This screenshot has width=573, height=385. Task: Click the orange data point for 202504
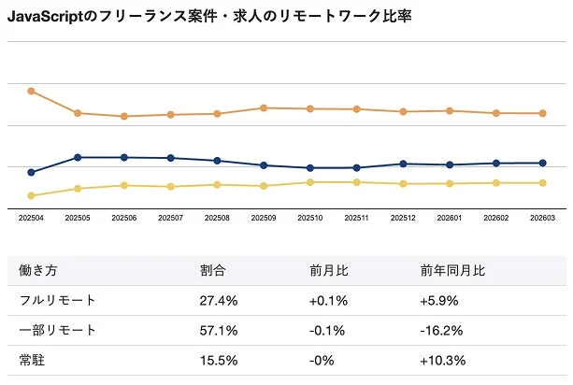coord(31,91)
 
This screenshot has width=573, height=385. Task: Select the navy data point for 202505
coord(78,157)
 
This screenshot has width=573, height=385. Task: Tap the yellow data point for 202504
coord(31,195)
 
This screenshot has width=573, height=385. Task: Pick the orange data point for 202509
coord(264,107)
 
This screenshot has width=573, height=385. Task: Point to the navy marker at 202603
coord(543,163)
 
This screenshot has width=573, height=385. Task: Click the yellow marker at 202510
coord(310,181)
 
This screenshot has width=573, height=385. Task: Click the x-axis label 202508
coord(217,218)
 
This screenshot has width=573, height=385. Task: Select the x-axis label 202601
coord(450,218)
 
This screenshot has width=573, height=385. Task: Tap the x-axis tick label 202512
coord(403,218)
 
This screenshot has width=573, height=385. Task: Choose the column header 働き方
coord(38,271)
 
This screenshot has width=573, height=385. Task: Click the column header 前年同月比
coord(452,271)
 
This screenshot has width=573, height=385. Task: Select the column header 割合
coord(213,271)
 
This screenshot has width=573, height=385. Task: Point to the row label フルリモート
coord(57,301)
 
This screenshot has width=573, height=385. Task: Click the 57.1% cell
coord(219,331)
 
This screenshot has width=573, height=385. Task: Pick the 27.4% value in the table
coord(219,301)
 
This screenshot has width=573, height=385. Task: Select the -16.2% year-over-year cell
coord(441,331)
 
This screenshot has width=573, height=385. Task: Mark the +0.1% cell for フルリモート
coord(329,301)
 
